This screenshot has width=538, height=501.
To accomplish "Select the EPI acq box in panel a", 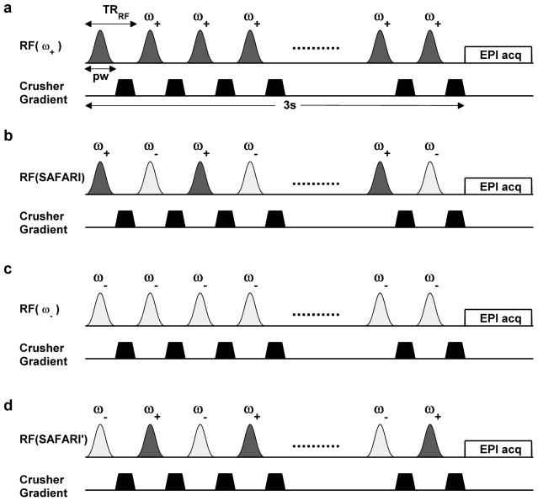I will (498, 55).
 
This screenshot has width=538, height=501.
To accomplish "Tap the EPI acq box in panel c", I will (498, 317).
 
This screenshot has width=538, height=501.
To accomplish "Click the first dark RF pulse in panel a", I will (100, 47).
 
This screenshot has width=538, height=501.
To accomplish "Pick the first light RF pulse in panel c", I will (100, 310).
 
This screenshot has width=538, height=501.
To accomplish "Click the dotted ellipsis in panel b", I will (316, 182).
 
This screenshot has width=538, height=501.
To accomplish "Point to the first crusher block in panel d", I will (125, 482).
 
